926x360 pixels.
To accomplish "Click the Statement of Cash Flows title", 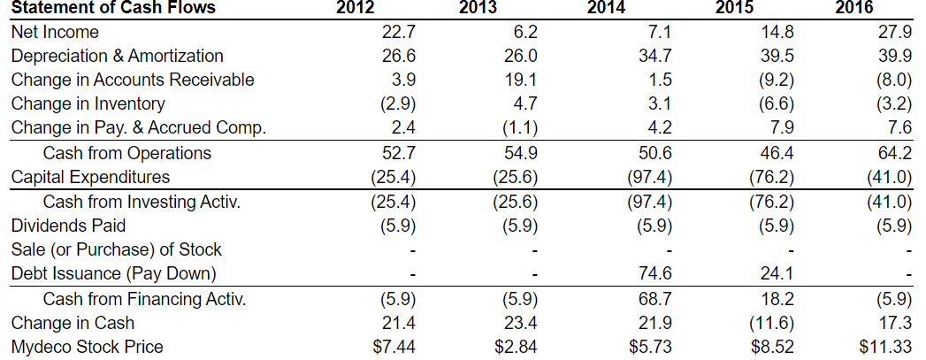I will pos(113,9).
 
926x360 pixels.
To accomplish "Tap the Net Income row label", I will pos(55,33).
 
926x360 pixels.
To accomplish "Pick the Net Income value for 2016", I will pos(892,33).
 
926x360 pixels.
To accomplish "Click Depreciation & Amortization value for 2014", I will pos(653,57).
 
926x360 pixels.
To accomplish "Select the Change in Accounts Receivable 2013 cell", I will pos(520,80).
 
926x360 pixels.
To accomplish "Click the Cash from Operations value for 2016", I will pos(892,153).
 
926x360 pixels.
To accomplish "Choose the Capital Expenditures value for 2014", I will pos(648,177).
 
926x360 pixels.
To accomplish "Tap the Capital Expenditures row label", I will pos(90,177).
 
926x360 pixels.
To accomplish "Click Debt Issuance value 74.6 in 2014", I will pos(653,273).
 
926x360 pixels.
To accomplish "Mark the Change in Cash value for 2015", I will pos(772,322).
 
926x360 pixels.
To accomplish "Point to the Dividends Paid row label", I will pos(68,226).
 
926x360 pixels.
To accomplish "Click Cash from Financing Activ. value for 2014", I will pos(653,298).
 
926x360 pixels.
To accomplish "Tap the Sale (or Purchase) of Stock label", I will pos(116,249).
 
